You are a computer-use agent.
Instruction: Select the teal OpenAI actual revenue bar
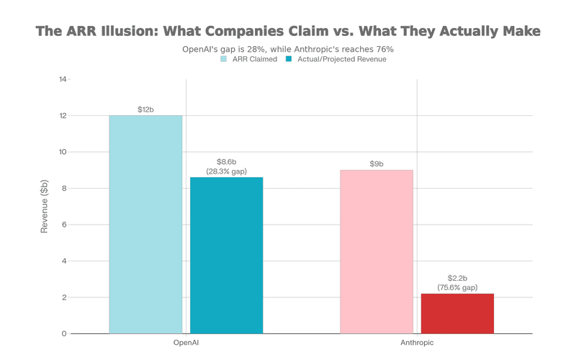tap(226, 256)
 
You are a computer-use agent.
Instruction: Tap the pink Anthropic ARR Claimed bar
tap(377, 252)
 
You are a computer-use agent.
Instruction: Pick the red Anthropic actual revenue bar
tap(457, 314)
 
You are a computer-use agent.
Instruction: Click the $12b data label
tap(145, 109)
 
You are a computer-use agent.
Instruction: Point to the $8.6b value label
tap(226, 162)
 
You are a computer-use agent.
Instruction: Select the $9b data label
tap(377, 164)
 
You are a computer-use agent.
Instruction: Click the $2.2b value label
tap(457, 278)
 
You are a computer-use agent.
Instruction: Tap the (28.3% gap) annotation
tap(226, 171)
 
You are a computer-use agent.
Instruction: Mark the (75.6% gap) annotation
tap(457, 287)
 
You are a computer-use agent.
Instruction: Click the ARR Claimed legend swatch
tap(224, 59)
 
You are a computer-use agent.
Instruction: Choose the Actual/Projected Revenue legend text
tap(341, 59)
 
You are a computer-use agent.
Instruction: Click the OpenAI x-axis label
tap(186, 343)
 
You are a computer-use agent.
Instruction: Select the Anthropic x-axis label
tap(417, 343)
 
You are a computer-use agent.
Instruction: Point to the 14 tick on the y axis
tap(63, 79)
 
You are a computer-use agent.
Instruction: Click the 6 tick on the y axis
tap(64, 225)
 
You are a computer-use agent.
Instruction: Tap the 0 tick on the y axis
tap(64, 333)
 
